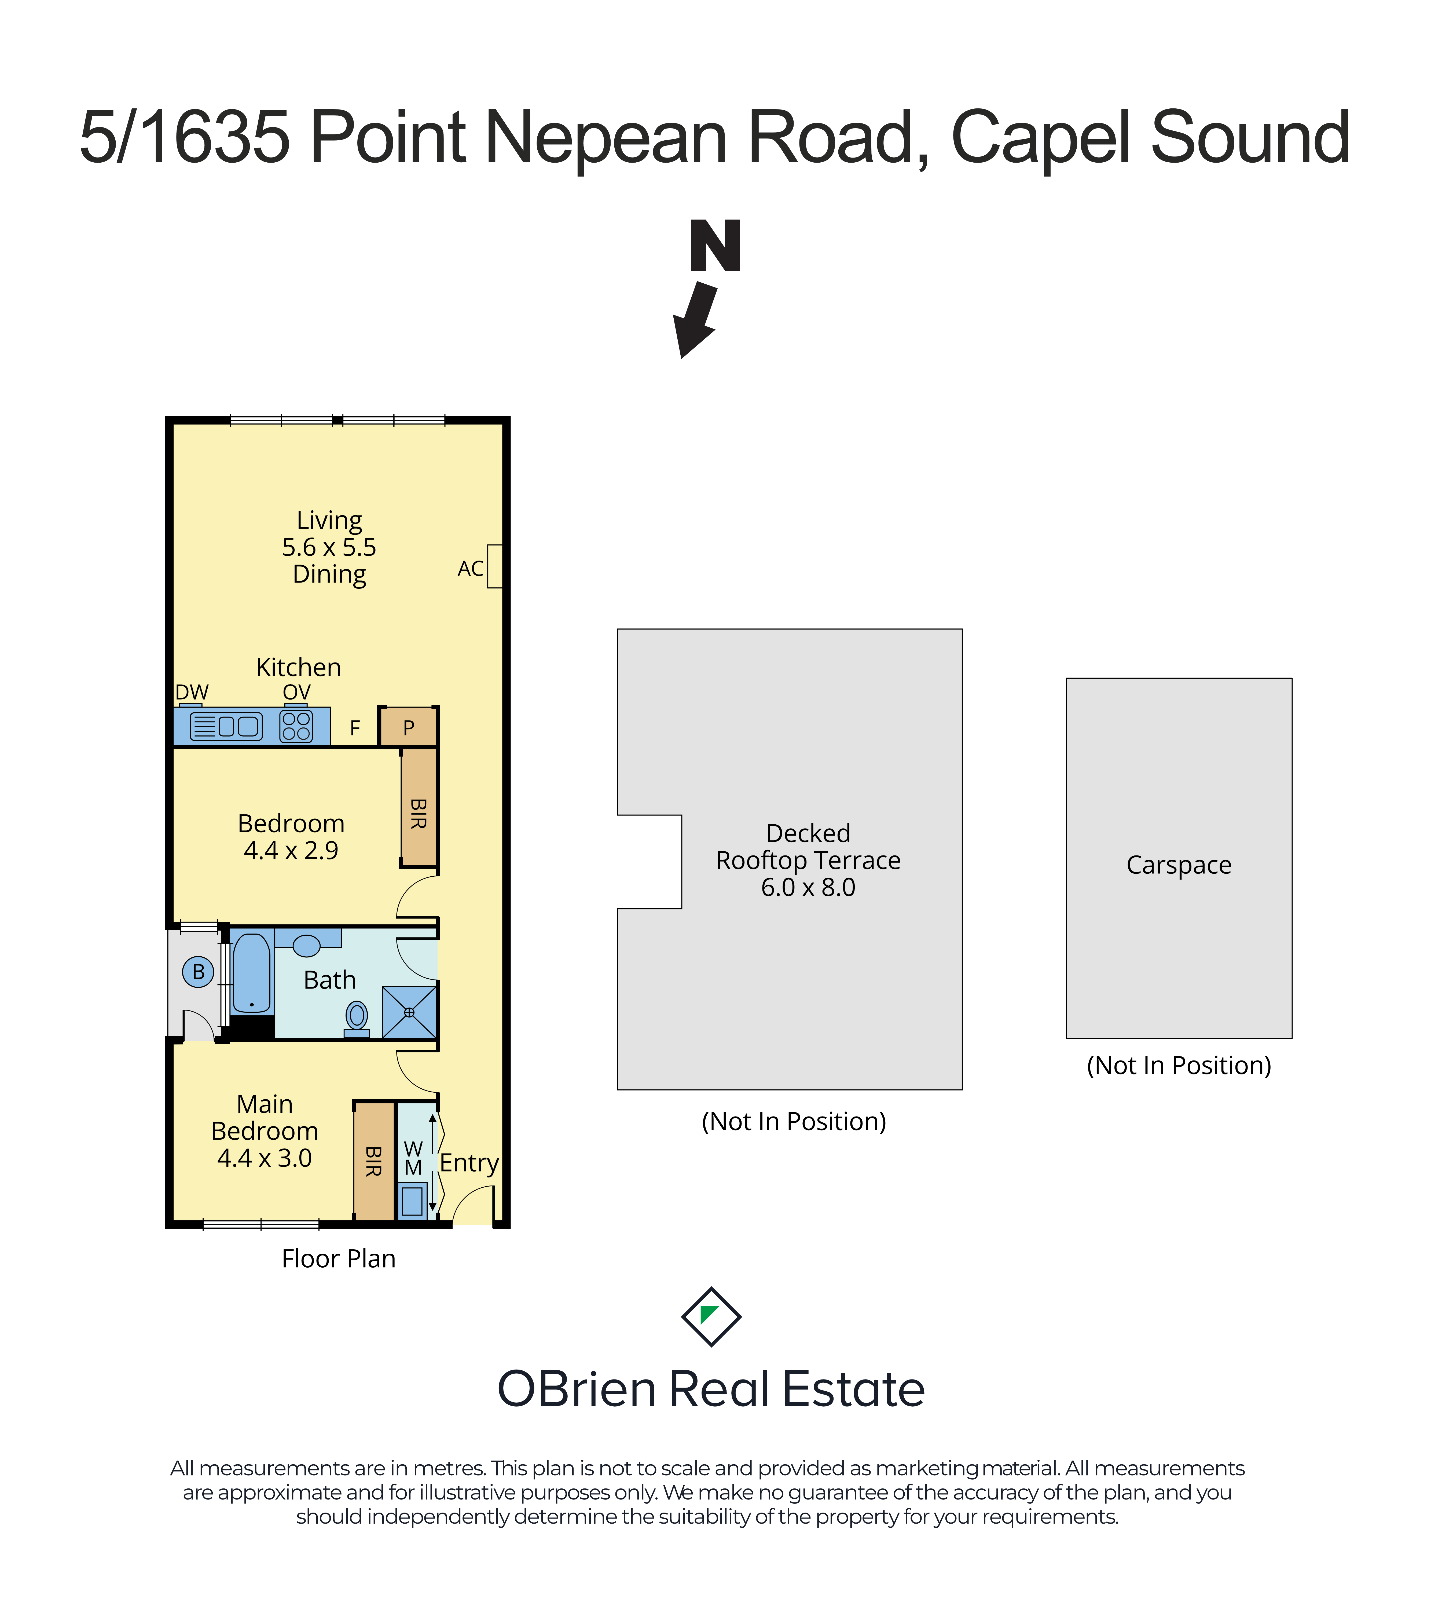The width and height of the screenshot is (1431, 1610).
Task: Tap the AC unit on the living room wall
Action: (495, 566)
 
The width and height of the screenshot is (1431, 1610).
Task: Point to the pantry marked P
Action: (408, 727)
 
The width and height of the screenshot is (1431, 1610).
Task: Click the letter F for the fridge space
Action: (355, 728)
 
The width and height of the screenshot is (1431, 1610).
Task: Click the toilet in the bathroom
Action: (357, 1019)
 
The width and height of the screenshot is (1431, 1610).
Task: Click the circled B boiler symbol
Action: (199, 972)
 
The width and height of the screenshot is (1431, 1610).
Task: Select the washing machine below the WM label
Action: (413, 1201)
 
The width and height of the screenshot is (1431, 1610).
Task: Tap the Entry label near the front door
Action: (469, 1163)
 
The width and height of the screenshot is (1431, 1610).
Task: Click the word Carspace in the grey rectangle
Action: (1179, 865)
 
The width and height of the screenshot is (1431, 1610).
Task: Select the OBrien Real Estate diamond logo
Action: (711, 1316)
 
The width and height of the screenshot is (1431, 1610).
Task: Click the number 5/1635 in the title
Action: (185, 137)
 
